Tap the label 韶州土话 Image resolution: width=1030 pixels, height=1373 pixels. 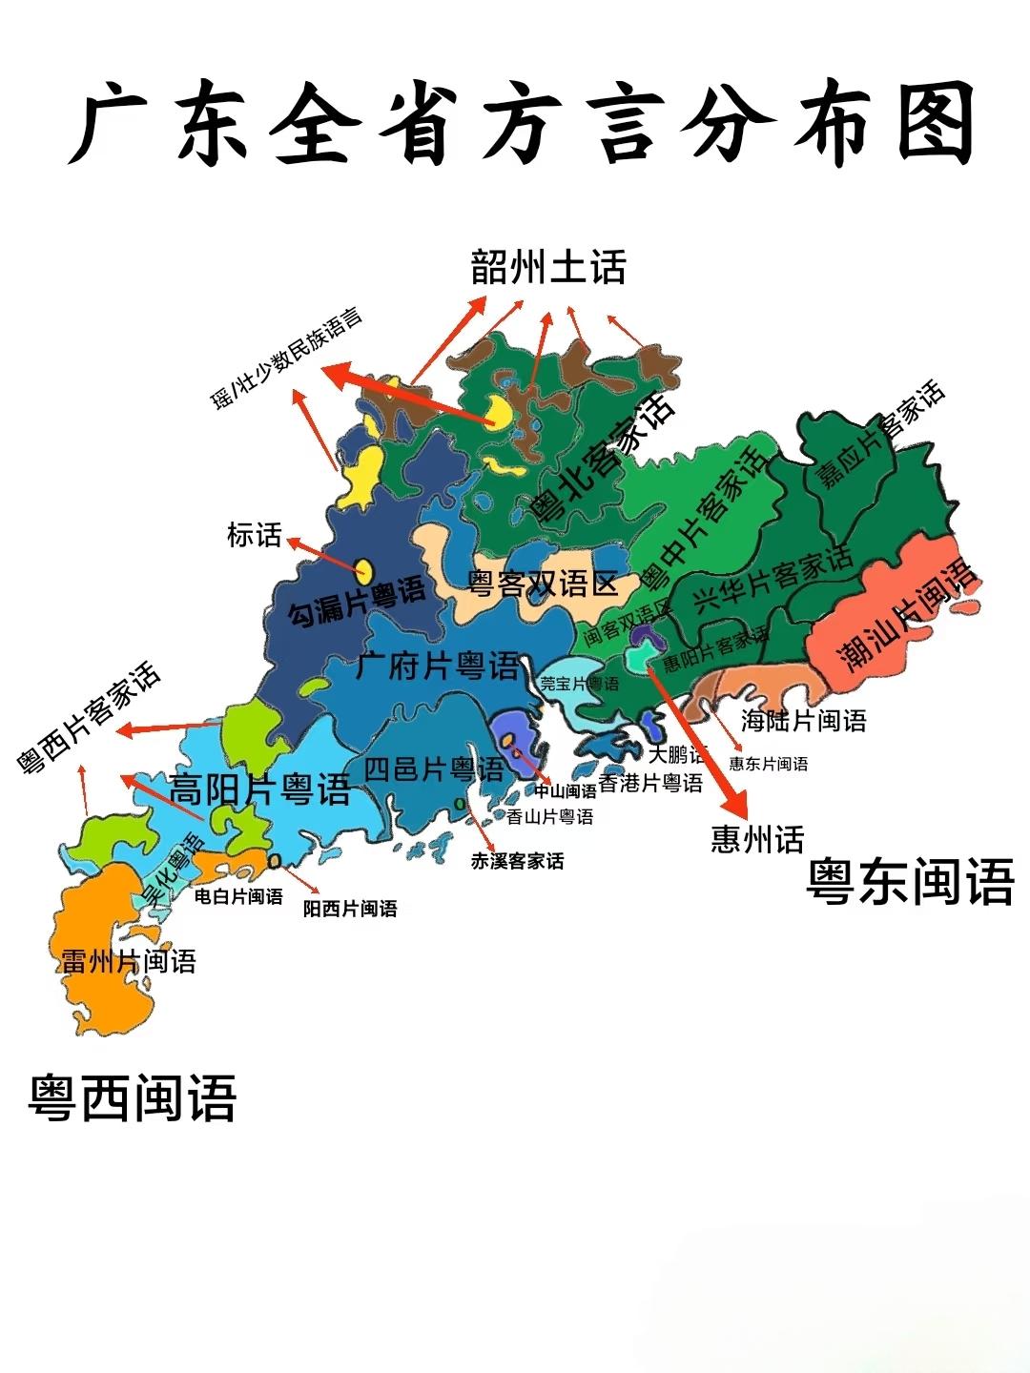point(548,268)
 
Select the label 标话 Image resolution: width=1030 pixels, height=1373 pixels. point(255,535)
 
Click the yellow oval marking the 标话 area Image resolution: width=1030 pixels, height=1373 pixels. point(363,571)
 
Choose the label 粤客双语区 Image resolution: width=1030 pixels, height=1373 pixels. point(542,583)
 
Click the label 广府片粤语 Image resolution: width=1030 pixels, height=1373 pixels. point(439,666)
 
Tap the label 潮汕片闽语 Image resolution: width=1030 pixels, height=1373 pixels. point(908,615)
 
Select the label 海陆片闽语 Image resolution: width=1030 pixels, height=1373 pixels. point(803,721)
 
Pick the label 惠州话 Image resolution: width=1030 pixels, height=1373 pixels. point(757,839)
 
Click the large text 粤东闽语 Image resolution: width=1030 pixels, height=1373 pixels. point(910,881)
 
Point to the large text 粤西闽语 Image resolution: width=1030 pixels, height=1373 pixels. point(133,1098)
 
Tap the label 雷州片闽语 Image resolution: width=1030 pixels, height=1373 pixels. point(128,961)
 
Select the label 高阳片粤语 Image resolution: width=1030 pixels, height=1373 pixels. point(259,789)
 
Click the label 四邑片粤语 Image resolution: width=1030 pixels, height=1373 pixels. point(434,768)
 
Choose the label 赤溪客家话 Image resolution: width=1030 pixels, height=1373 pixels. point(517,861)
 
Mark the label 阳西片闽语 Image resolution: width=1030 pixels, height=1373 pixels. point(350,909)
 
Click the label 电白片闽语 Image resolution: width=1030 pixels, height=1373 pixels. point(238,896)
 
